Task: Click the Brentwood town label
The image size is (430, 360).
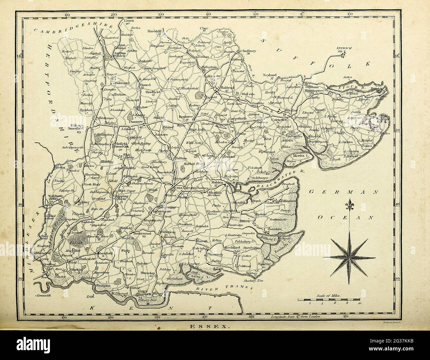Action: click(141, 233)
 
